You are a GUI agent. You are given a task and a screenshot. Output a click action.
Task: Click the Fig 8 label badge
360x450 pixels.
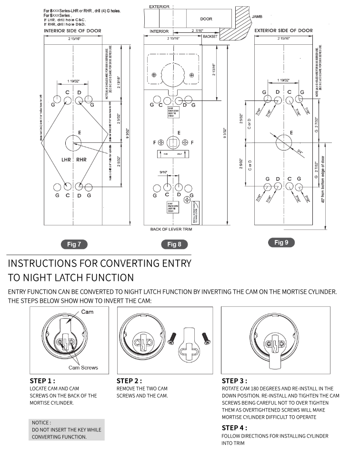click(x=174, y=244)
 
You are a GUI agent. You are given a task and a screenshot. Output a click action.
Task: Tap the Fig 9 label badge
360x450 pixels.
click(x=281, y=242)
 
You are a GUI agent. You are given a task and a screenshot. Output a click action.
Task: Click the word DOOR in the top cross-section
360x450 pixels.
click(x=206, y=19)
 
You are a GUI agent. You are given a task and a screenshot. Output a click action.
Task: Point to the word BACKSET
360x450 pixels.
click(x=210, y=36)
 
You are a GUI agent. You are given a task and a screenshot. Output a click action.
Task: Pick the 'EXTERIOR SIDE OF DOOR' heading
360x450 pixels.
click(x=283, y=30)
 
